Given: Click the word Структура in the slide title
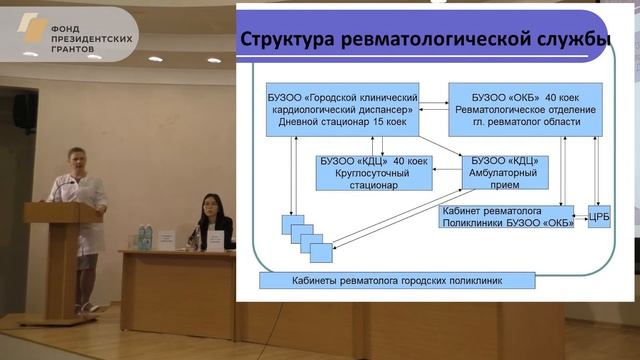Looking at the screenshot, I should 291,41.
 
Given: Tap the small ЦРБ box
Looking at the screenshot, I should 598,216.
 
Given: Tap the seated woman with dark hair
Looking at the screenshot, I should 213,217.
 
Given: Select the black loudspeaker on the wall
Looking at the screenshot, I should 25,111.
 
